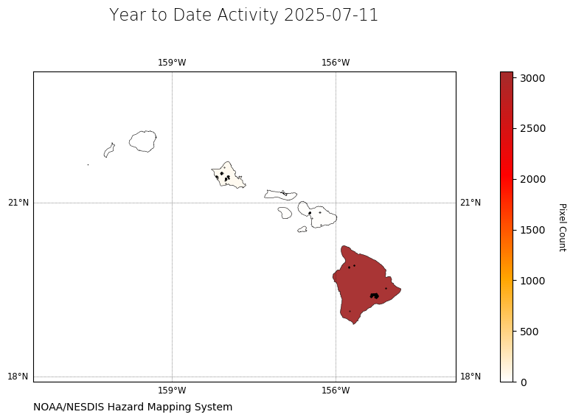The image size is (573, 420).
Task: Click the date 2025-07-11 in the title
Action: tap(330, 15)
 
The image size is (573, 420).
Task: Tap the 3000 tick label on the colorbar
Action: tap(532, 78)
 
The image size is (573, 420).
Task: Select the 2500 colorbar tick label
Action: tap(532, 128)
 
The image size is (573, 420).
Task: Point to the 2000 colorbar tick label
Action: tap(532, 179)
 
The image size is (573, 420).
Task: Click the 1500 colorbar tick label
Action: tap(532, 230)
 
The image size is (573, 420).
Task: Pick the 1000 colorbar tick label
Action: tap(532, 281)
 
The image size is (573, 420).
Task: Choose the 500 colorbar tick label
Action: tap(529, 332)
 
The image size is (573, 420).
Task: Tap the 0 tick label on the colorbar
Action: tap(524, 382)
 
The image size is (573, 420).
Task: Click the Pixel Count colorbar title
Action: tap(563, 227)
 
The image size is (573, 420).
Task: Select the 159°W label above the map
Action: tap(172, 63)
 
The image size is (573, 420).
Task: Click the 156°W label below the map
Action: tap(336, 391)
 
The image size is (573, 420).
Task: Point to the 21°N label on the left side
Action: tap(18, 203)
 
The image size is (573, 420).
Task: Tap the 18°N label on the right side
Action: tap(470, 377)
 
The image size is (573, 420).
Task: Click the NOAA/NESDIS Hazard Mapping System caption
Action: tap(133, 407)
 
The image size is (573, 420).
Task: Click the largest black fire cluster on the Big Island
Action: tap(374, 295)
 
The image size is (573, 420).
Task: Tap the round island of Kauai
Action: tap(143, 141)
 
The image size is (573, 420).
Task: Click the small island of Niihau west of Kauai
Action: tap(109, 150)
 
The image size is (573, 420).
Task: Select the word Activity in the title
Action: tap(248, 15)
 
